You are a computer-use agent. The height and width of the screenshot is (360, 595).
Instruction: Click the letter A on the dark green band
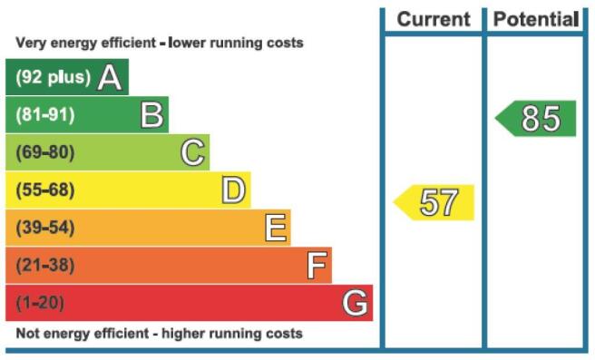[x=110, y=77]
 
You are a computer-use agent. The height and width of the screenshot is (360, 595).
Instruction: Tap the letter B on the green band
[x=151, y=115]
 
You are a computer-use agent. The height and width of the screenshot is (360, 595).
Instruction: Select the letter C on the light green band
[x=193, y=152]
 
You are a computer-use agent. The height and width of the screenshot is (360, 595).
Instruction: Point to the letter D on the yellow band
[x=233, y=190]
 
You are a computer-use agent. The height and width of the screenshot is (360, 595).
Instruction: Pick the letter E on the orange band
[x=276, y=228]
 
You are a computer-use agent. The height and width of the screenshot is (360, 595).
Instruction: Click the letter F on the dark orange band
[x=317, y=265]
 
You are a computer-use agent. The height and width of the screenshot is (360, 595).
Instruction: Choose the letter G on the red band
[x=355, y=303]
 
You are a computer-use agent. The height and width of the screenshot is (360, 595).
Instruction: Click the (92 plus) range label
[x=54, y=77]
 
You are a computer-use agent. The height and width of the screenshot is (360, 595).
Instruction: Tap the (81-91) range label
[x=45, y=115]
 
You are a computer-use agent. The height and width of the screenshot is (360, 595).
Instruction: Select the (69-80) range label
[x=45, y=152]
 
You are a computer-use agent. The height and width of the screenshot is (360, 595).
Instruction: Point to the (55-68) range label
[x=45, y=190]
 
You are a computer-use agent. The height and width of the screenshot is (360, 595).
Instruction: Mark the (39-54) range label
[x=45, y=228]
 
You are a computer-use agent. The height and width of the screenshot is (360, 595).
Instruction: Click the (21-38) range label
[x=45, y=265]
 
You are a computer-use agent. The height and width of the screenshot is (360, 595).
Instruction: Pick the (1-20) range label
[x=40, y=303]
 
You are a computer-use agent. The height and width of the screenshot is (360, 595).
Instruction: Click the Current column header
[x=434, y=19]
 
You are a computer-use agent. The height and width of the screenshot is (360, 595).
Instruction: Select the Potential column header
[x=536, y=19]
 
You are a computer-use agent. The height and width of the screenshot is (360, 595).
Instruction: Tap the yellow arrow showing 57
[x=434, y=202]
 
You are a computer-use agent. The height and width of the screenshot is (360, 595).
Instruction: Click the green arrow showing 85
[x=535, y=119]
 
